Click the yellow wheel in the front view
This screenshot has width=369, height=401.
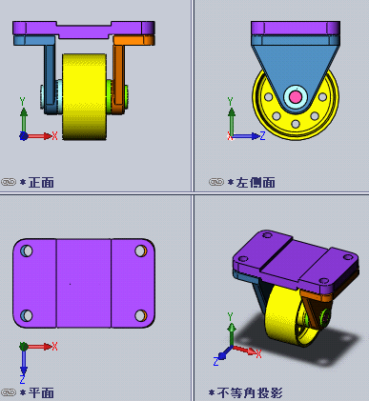tap(84, 97)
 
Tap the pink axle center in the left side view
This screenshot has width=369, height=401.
tap(296, 97)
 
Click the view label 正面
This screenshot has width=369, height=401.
tap(41, 183)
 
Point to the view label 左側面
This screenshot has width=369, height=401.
tap(256, 183)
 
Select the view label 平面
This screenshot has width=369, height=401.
tap(41, 393)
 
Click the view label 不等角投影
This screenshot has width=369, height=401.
tap(250, 393)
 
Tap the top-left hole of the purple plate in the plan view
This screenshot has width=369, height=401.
tap(27, 251)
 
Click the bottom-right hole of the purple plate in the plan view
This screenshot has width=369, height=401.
tap(141, 315)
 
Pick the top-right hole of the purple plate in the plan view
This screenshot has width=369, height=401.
tap(141, 251)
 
